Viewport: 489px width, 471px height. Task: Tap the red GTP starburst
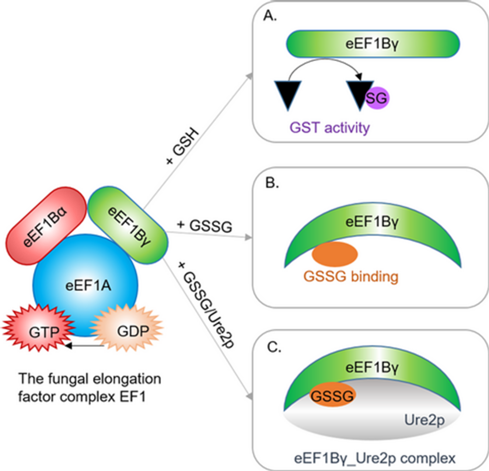tap(41, 329)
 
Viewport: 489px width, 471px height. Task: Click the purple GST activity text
tap(329, 128)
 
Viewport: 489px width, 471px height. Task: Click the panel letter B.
tap(272, 183)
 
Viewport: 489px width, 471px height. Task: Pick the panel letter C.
tap(274, 347)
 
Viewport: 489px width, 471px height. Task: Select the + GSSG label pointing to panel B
tap(205, 226)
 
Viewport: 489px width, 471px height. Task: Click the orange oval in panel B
tap(335, 254)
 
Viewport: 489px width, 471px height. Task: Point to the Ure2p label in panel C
tap(424, 420)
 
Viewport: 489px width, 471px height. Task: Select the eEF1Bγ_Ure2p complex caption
tap(374, 458)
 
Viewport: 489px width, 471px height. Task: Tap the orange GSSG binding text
tap(350, 276)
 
